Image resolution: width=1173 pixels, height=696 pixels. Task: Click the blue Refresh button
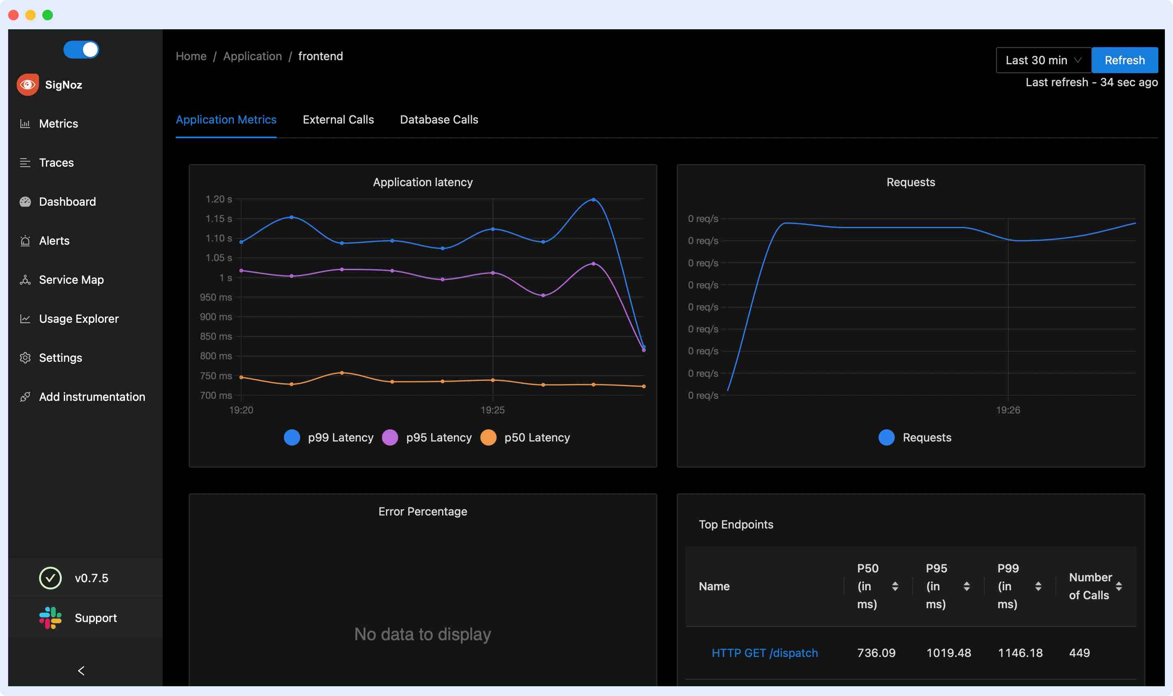(1124, 60)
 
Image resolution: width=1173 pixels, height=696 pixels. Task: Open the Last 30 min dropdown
(1043, 60)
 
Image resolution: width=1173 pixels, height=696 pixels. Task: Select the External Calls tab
(338, 120)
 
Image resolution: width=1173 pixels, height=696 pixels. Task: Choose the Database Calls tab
(439, 120)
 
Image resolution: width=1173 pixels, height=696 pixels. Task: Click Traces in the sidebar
(56, 163)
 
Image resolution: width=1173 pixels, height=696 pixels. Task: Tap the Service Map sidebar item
(71, 280)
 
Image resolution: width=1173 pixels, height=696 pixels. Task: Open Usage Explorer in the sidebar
(78, 319)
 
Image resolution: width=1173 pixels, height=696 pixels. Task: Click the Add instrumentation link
(92, 397)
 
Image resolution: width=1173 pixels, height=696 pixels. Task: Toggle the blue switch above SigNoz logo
(81, 50)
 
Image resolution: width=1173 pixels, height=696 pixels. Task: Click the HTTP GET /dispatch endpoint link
(764, 653)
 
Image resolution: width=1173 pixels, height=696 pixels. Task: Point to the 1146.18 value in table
(1020, 653)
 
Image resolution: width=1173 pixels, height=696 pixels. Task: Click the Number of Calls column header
(1090, 586)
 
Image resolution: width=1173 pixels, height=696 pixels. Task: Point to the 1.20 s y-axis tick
(219, 199)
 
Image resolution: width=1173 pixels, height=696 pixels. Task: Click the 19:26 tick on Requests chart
(1008, 410)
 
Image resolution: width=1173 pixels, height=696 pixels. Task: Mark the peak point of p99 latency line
(593, 200)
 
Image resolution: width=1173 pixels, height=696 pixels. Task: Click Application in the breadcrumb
(253, 56)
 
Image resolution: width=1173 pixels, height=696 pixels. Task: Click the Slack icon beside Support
(50, 618)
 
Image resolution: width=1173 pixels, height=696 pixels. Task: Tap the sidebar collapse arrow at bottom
(81, 671)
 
